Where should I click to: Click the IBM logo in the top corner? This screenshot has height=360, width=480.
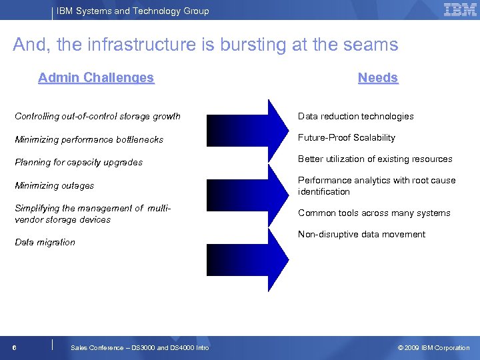coord(459,9)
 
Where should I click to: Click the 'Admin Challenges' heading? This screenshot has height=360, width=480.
coord(96,78)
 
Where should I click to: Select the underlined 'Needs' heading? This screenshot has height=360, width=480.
coord(377,78)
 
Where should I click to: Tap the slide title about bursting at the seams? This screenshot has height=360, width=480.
coord(205,45)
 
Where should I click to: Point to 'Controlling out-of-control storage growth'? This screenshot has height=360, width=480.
coord(97,117)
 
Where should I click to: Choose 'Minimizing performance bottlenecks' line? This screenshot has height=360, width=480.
coord(89,140)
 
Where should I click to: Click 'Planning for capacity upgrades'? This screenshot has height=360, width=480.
coord(79,163)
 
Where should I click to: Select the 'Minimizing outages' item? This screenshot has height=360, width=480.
coord(54,186)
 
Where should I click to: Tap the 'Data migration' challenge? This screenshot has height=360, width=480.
coord(45,243)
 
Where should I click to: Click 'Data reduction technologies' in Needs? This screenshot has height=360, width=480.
coord(355,117)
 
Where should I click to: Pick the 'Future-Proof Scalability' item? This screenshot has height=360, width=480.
coord(346,138)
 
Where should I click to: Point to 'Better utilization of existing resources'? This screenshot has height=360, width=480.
coord(375,159)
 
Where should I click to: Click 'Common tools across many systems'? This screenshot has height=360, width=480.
coord(374,213)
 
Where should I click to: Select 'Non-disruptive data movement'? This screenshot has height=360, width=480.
coord(361,235)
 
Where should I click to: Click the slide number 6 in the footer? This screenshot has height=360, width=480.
coord(14,348)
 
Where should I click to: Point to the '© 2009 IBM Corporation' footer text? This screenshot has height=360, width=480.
coord(433,348)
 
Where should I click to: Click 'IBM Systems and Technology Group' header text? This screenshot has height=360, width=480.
coord(132,11)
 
